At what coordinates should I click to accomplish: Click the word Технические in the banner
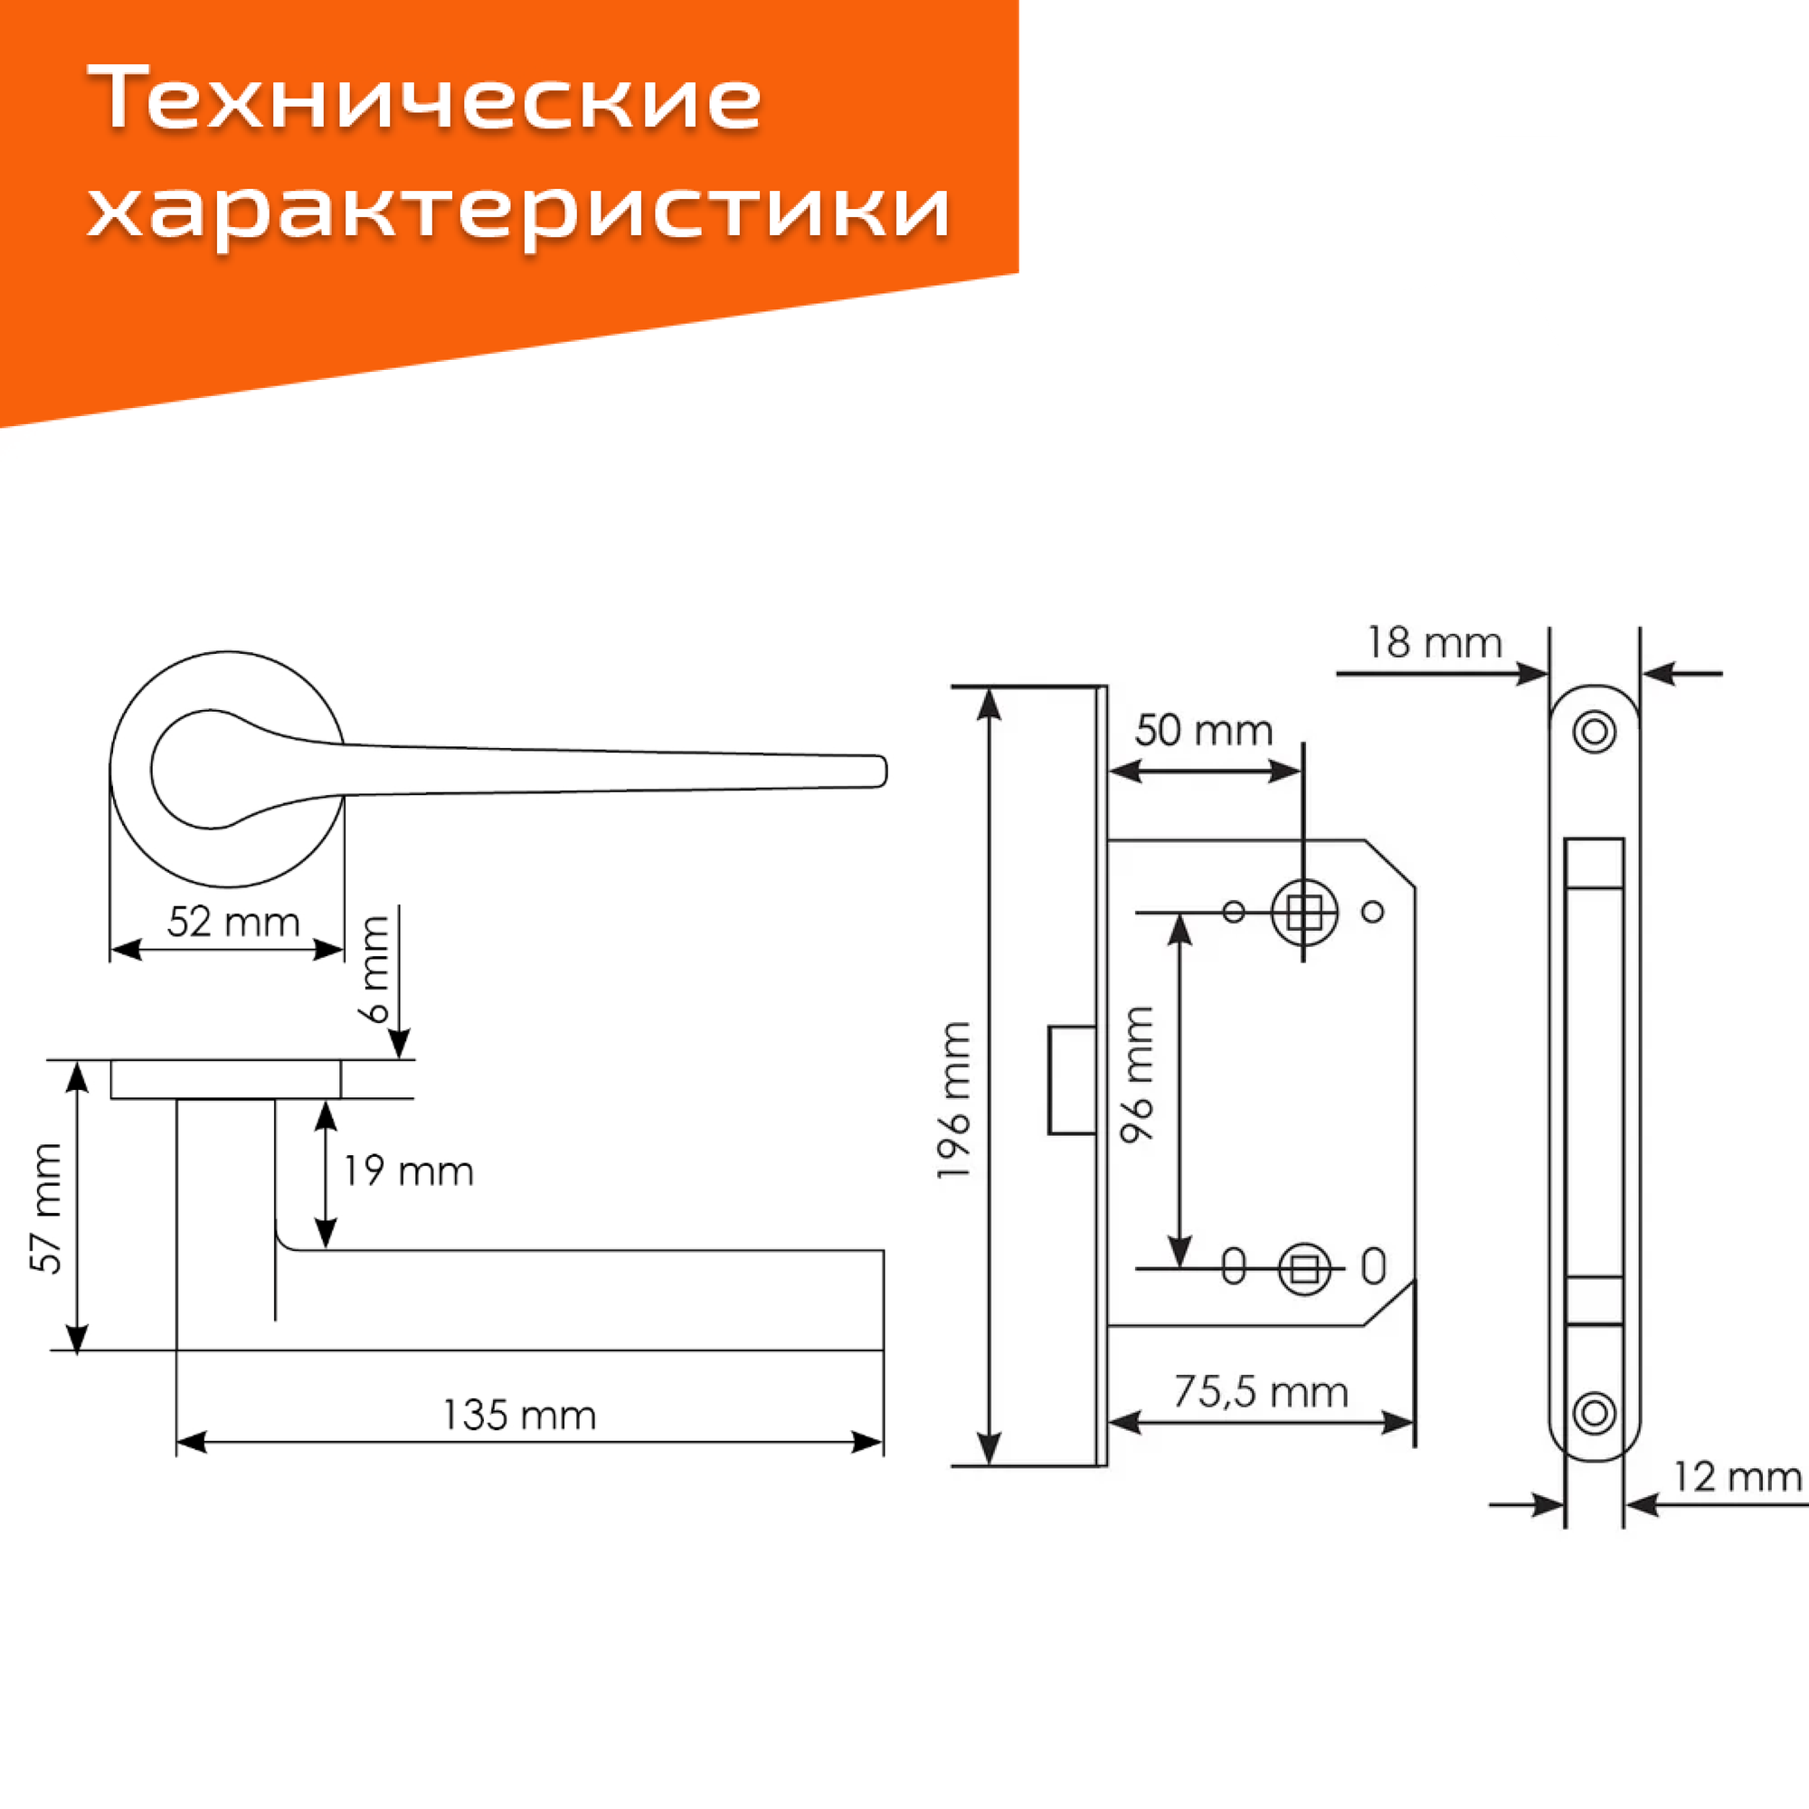point(425,99)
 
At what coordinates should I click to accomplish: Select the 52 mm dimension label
point(233,923)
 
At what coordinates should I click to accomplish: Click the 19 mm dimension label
point(408,1171)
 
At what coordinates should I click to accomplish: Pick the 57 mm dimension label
point(46,1208)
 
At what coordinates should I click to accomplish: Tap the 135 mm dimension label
point(518,1415)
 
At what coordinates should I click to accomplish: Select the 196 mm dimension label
point(954,1100)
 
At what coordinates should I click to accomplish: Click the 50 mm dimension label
point(1203,731)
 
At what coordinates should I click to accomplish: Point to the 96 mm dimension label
point(1138,1074)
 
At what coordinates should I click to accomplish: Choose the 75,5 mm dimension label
point(1260,1392)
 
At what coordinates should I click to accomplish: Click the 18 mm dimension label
point(1434,643)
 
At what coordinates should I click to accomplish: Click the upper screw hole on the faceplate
point(1595,731)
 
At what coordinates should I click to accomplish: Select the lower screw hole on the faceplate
point(1595,1413)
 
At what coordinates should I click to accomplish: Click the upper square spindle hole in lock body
point(1303,911)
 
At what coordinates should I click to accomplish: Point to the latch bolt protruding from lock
point(1071,1080)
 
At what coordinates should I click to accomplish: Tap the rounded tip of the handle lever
point(878,772)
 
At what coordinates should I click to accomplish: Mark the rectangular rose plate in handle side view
point(225,1079)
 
